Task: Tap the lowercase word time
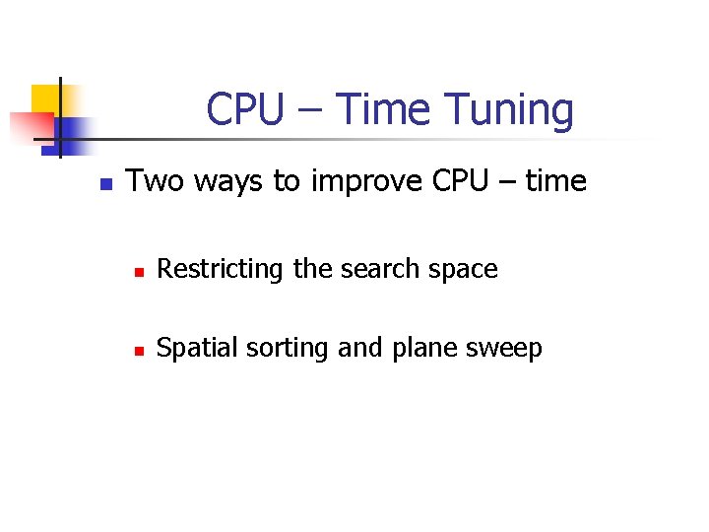click(556, 181)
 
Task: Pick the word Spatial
click(194, 349)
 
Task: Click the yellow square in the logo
click(45, 99)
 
